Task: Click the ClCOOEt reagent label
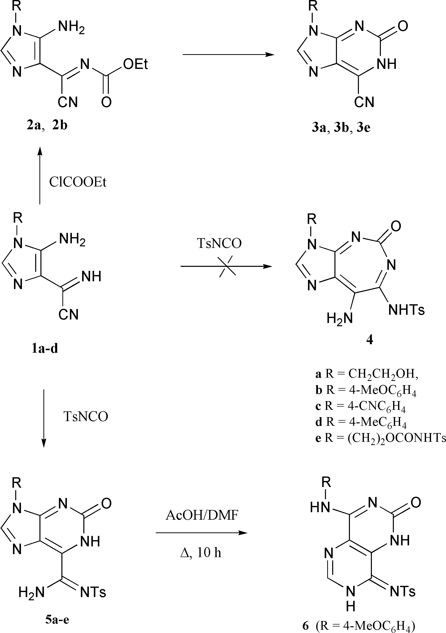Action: (78, 182)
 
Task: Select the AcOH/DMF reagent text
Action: (202, 515)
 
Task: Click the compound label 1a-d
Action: (45, 349)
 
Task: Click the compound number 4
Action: (370, 340)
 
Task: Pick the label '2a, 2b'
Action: (47, 126)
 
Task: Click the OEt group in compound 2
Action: (135, 64)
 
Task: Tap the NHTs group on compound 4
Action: (406, 310)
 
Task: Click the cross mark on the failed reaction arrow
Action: (227, 266)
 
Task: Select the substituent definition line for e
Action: (380, 438)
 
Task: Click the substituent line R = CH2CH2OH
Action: (367, 374)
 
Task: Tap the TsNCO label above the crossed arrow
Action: (219, 243)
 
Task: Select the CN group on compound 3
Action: (364, 102)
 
